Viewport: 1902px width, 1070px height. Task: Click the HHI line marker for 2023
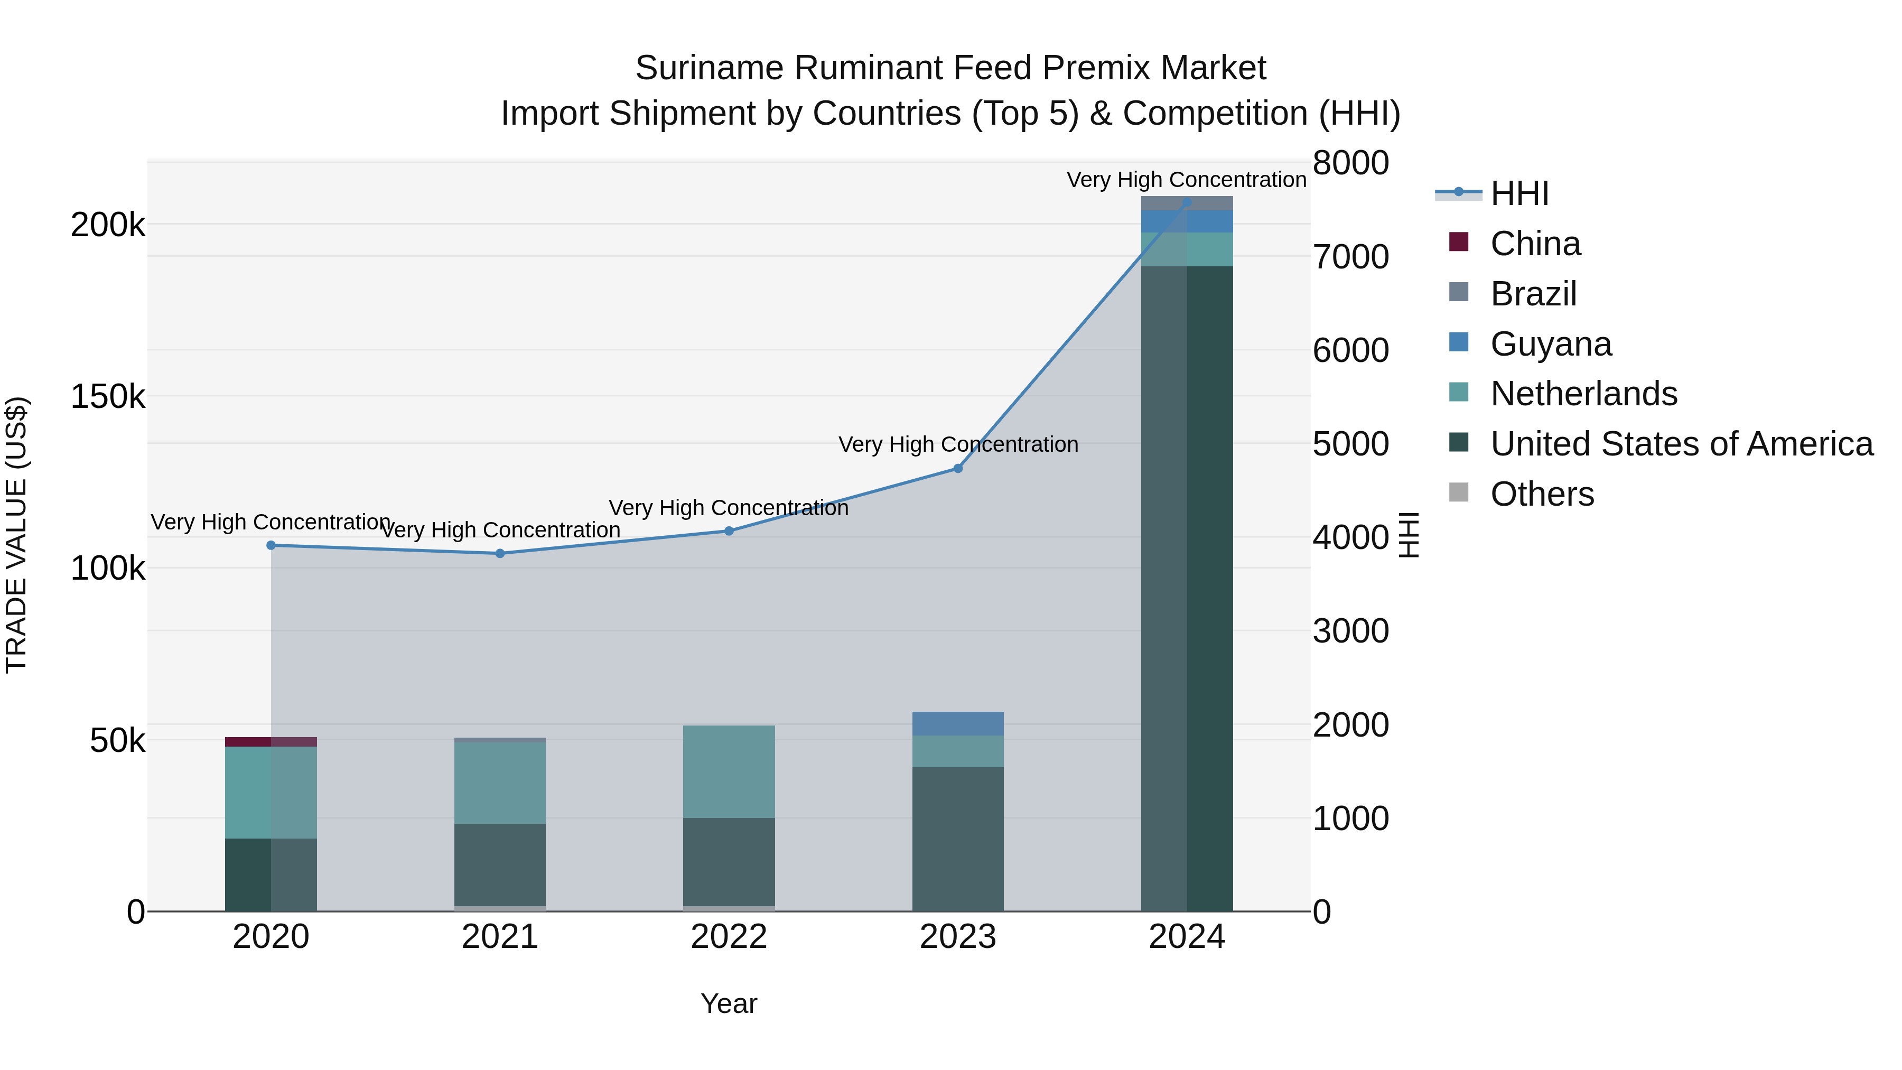pos(958,468)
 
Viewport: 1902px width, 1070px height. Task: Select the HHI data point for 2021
pos(500,553)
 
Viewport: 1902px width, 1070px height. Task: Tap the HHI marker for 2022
pos(729,531)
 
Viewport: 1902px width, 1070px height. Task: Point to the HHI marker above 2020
pos(271,545)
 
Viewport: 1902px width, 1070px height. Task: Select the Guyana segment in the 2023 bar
pos(958,724)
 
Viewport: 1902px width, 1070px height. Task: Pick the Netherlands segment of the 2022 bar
pos(729,771)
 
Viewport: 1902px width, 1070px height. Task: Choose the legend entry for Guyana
pos(1551,344)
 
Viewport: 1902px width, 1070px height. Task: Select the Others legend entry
pos(1542,494)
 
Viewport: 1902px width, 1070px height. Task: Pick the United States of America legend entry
pos(1681,444)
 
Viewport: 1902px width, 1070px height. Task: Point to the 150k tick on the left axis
pos(108,396)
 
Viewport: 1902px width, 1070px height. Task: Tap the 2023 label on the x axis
pos(958,937)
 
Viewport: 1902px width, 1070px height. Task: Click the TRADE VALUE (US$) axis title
pos(16,535)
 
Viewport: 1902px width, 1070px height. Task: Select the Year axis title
pos(729,1003)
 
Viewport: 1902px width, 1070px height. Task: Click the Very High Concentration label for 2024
pos(1187,180)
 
